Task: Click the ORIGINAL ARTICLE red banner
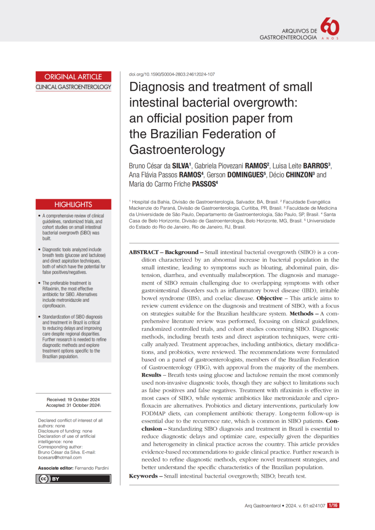[x=73, y=77]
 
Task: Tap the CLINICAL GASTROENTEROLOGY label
[x=73, y=87]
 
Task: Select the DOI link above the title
[x=172, y=74]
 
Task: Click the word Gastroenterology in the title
[x=177, y=150]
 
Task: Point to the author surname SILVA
[x=181, y=166]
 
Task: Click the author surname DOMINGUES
[x=245, y=175]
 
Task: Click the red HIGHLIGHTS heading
[x=73, y=204]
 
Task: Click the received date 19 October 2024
[x=83, y=400]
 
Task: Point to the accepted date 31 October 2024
[x=83, y=405]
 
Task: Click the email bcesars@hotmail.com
[x=60, y=457]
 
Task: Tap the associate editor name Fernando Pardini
[x=92, y=468]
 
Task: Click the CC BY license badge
[x=73, y=479]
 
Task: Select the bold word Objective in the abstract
[x=269, y=298]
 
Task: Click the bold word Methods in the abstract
[x=301, y=314]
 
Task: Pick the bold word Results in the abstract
[x=151, y=375]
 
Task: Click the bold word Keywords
[x=143, y=476]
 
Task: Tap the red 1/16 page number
[x=333, y=505]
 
